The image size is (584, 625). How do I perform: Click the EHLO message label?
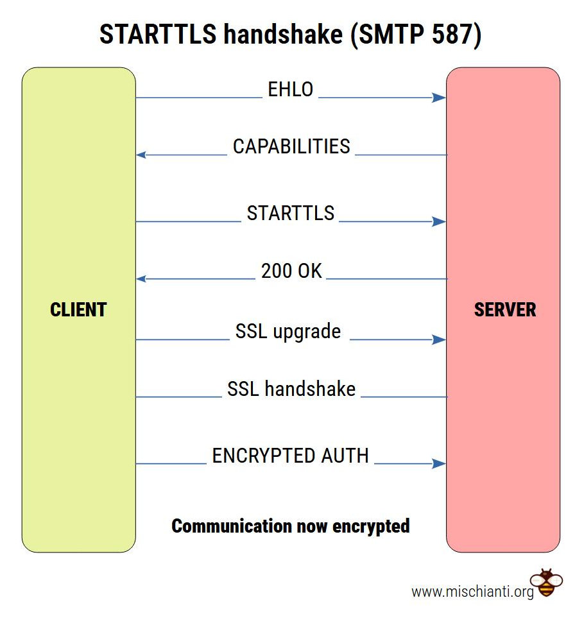click(x=290, y=90)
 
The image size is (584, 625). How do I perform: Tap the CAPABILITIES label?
click(x=291, y=146)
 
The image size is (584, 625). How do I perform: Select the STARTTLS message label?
click(x=291, y=213)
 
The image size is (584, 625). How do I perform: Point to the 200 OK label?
click(x=291, y=271)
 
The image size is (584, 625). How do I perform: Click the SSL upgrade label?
click(x=288, y=332)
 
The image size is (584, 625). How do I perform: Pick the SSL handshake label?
click(x=291, y=389)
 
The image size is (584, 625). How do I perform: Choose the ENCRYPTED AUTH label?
click(x=291, y=456)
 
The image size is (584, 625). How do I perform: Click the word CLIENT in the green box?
click(x=78, y=310)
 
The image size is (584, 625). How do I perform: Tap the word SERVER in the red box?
click(x=505, y=310)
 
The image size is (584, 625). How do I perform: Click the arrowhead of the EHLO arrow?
click(x=440, y=98)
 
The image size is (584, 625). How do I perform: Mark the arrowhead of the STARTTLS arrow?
click(x=440, y=222)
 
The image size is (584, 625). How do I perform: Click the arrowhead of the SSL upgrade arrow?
click(x=440, y=340)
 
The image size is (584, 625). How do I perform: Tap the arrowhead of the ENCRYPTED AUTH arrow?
click(x=440, y=464)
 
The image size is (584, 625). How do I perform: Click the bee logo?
click(x=546, y=583)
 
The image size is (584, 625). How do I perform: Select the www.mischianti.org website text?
click(x=472, y=592)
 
